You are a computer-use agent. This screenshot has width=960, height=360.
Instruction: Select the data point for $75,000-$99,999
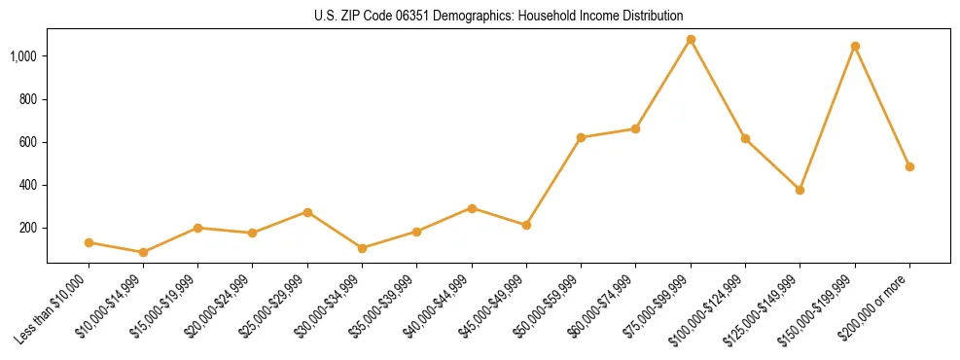click(x=691, y=40)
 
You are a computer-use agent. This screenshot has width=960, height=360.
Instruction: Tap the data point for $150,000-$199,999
click(x=855, y=47)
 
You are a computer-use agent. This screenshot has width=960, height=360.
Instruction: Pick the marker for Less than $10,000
click(x=89, y=242)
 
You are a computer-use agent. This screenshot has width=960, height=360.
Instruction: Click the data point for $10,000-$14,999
click(x=143, y=252)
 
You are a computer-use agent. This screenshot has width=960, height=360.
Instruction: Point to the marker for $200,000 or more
click(x=909, y=166)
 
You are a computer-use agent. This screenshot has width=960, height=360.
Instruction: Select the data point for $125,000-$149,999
click(x=800, y=190)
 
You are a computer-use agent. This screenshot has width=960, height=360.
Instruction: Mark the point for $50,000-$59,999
click(x=581, y=137)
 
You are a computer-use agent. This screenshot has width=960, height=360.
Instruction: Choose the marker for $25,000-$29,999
click(x=307, y=212)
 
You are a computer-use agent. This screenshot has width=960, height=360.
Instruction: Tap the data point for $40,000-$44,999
click(x=472, y=208)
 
